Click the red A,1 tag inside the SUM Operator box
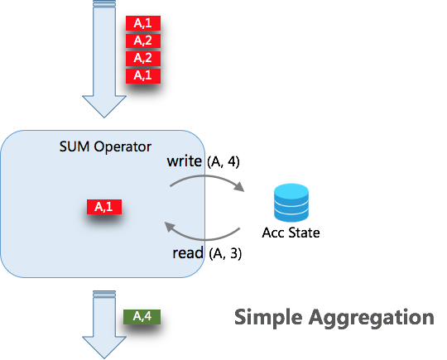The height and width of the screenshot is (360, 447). coord(104,207)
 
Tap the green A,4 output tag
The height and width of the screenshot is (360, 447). coord(142,317)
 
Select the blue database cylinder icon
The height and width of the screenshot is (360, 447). coord(291,203)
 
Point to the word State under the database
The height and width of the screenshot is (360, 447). coord(303,233)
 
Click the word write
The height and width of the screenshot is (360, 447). coord(184,161)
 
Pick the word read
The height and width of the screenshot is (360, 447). coord(188,252)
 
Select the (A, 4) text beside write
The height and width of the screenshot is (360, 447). coord(223,162)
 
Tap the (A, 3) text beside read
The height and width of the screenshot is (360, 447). coord(225,253)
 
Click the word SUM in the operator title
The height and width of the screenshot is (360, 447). coord(74,146)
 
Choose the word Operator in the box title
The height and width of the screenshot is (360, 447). coord(123,147)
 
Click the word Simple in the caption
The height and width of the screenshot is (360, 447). coord(268,318)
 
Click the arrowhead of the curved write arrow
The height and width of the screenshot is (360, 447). coord(240,187)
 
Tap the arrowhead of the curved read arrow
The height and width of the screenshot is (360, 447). coord(170,227)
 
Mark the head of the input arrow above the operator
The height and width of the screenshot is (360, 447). coord(104,106)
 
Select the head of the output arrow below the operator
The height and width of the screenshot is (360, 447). coord(104,348)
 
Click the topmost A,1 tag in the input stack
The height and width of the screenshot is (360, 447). coord(143,23)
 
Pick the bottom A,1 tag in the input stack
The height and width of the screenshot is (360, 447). coord(143,76)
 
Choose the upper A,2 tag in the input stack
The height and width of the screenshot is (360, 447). coord(143,41)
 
